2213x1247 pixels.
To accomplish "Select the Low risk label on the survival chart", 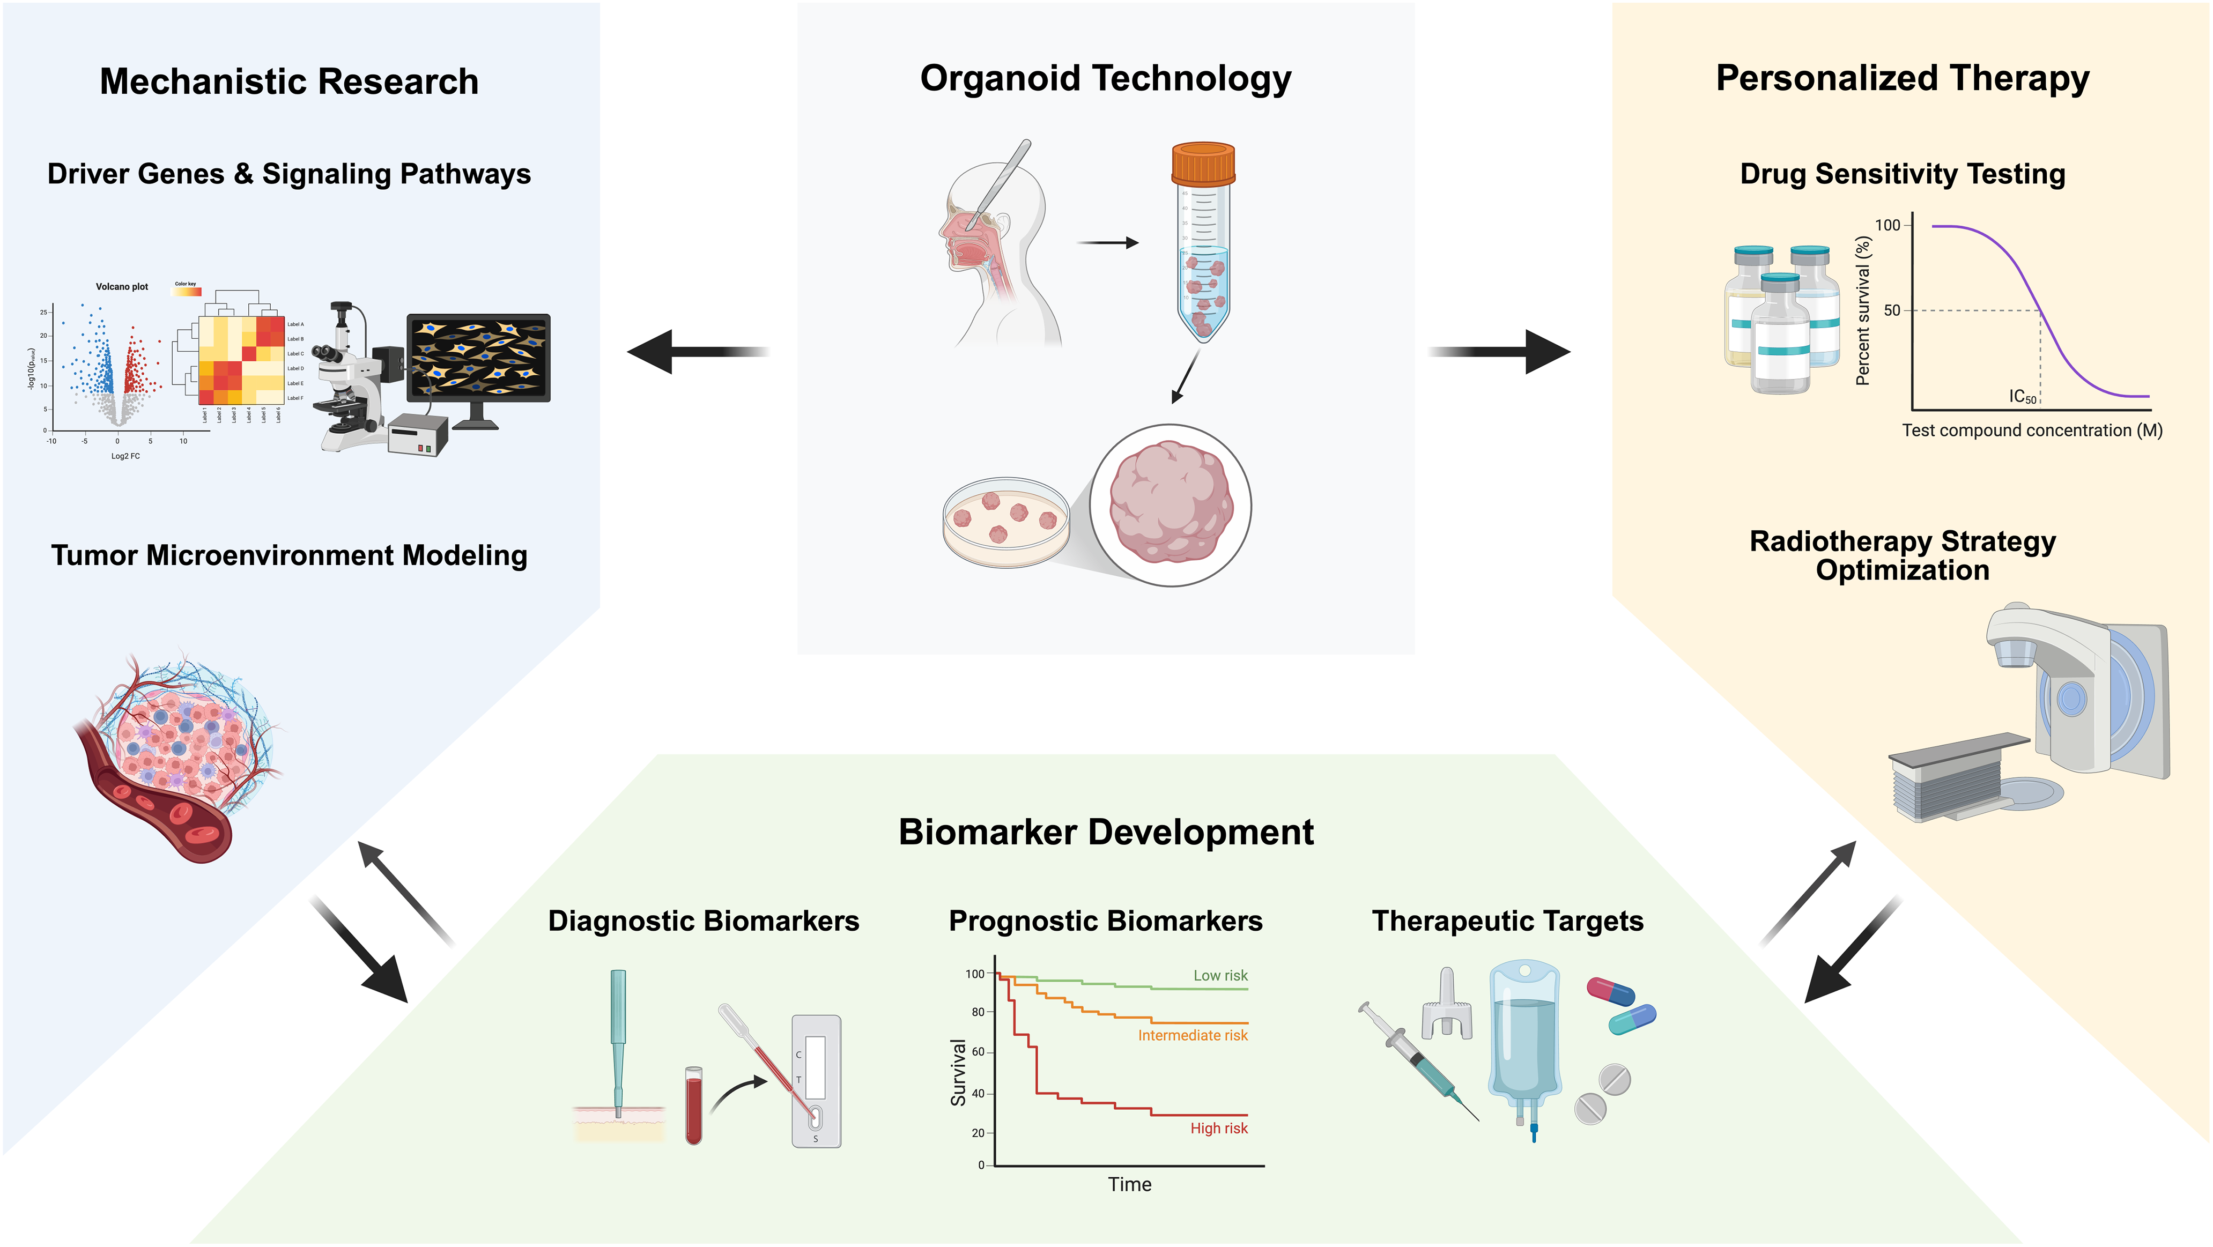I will (1220, 976).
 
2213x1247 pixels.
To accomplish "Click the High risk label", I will (1218, 1129).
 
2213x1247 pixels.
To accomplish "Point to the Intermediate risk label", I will (1193, 1036).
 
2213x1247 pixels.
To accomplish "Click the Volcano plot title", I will (122, 287).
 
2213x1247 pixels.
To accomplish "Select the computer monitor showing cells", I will (478, 359).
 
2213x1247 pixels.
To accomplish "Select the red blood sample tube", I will (693, 1105).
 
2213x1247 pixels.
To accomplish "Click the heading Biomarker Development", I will (1106, 832).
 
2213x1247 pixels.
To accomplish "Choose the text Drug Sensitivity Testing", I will (1902, 174).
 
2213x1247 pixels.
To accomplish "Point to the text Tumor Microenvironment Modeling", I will (288, 555).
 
